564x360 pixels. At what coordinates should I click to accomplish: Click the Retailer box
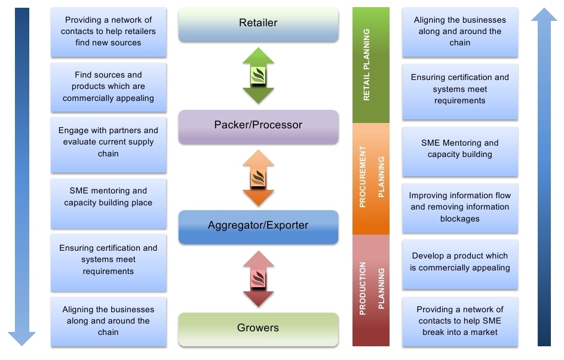click(258, 24)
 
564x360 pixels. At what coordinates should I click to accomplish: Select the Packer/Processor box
click(258, 127)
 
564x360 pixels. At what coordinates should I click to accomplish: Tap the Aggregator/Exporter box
click(258, 227)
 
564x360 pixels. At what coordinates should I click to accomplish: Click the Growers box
click(258, 330)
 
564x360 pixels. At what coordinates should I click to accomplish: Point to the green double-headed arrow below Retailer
click(258, 76)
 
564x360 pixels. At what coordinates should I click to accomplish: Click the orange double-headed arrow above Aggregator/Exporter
click(258, 178)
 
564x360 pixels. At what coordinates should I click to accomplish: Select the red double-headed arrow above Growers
click(258, 279)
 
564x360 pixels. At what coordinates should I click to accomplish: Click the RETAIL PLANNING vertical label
click(366, 64)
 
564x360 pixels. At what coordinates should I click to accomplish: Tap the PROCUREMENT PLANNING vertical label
click(372, 177)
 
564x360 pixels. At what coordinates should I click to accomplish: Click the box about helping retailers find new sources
click(108, 32)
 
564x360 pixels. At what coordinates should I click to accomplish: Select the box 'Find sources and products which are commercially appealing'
click(108, 87)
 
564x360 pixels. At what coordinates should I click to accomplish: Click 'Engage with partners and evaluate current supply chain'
click(108, 145)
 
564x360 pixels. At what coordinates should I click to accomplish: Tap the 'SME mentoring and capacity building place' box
click(108, 204)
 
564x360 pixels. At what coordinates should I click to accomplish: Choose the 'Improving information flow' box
click(460, 208)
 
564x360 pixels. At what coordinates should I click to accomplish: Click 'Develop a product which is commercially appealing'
click(460, 264)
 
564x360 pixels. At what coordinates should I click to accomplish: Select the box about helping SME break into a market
click(460, 322)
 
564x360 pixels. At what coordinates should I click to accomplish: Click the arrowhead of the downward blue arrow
click(22, 339)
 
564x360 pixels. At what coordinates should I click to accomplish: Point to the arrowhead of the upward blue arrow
click(544, 15)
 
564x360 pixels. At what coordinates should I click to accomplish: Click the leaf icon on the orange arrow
click(258, 178)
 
